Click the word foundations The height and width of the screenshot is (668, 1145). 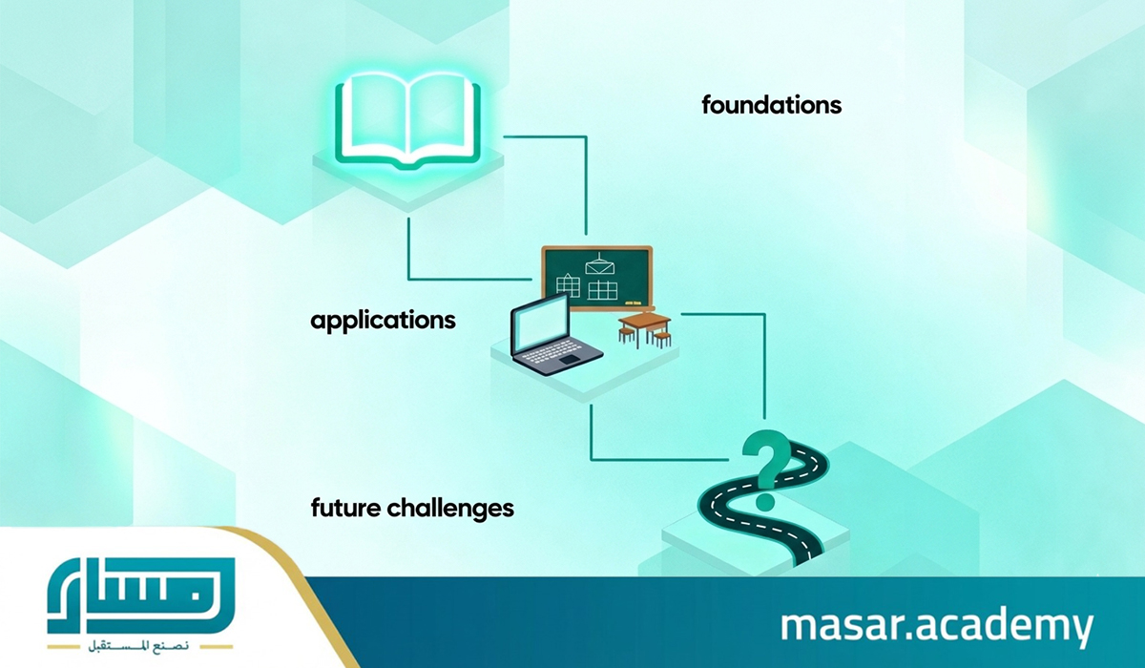click(771, 105)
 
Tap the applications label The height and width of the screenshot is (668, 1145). click(383, 322)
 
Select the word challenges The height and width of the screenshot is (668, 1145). click(450, 509)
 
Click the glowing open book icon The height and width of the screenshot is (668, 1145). click(408, 123)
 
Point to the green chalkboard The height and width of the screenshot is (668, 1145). click(597, 279)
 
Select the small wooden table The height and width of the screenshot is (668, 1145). click(645, 329)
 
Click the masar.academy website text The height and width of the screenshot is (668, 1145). click(936, 627)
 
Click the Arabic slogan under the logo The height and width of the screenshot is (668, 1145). click(139, 647)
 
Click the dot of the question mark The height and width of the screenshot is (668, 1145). click(764, 501)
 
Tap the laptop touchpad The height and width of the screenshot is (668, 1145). click(569, 361)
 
